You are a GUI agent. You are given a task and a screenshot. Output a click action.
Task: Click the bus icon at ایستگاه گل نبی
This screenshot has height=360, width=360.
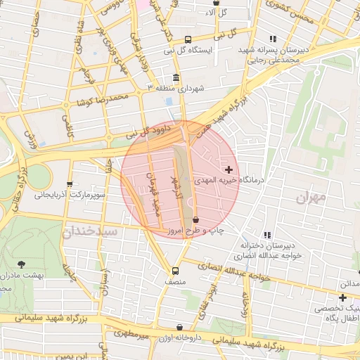pyautogui.click(x=187, y=40)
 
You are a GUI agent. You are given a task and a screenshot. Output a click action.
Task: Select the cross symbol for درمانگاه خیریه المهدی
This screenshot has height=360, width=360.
pyautogui.click(x=229, y=169)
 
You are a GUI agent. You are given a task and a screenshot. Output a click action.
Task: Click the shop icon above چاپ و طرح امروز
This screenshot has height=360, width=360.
pyautogui.click(x=195, y=219)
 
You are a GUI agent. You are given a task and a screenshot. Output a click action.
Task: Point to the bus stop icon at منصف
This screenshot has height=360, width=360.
pyautogui.click(x=175, y=271)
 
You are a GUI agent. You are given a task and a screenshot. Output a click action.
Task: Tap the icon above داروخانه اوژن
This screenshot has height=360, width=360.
pyautogui.click(x=180, y=328)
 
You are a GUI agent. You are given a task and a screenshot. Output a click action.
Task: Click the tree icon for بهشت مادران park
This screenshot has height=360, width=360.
pyautogui.click(x=20, y=264)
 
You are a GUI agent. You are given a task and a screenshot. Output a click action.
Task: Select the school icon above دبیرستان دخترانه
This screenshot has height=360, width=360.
pyautogui.click(x=266, y=235)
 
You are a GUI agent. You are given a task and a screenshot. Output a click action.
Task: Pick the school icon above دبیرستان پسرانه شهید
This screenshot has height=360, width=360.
pyautogui.click(x=273, y=39)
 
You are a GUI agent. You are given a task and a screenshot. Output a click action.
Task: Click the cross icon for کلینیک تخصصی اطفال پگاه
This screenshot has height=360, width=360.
pyautogui.click(x=342, y=298)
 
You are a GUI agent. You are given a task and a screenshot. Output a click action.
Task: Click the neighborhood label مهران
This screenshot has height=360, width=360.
pyautogui.click(x=311, y=199)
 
